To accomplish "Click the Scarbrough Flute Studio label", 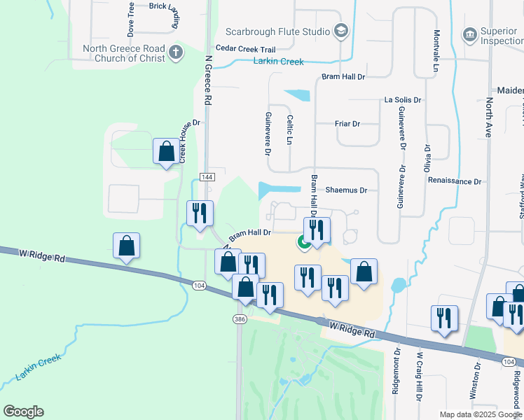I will click(x=277, y=31).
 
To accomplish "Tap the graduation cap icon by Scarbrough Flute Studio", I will click(x=340, y=31).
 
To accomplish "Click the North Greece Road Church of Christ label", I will click(x=123, y=53).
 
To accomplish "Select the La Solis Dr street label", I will click(x=403, y=100).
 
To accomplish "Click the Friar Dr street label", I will click(x=347, y=124).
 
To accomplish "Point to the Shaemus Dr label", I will click(x=346, y=190).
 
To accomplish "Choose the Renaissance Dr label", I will click(x=455, y=181).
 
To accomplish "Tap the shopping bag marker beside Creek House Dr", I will click(x=166, y=150).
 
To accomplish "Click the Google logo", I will click(x=23, y=412).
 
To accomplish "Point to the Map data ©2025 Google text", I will click(x=480, y=414).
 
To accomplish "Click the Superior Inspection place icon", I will click(x=469, y=34).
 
